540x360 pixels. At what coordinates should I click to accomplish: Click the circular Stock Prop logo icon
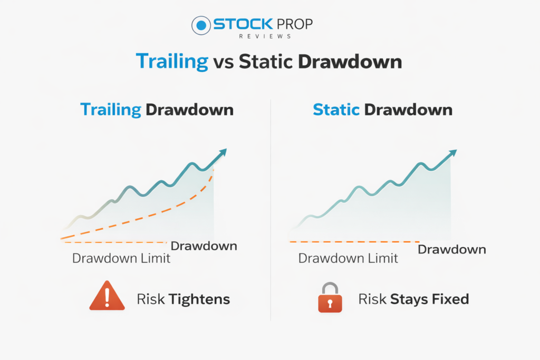pos(201,25)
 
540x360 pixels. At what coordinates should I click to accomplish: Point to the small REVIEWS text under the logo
pos(265,36)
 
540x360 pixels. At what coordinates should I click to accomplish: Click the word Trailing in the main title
pos(172,62)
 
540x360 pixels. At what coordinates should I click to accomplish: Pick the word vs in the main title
pos(224,63)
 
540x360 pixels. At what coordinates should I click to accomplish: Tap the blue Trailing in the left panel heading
pos(111,110)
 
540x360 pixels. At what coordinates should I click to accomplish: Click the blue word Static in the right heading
pos(336,110)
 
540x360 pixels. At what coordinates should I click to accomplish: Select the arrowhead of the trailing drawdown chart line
pos(223,152)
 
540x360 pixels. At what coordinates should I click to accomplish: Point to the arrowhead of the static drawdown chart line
pos(452,153)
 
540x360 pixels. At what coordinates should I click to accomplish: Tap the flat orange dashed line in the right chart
pos(355,242)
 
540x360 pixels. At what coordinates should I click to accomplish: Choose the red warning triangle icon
pos(107,296)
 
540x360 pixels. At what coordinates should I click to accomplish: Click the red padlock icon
pos(330,298)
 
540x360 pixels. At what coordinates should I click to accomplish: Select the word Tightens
pos(199,299)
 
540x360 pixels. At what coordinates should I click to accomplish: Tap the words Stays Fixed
pos(429,299)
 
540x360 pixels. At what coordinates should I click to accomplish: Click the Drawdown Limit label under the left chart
pos(121,258)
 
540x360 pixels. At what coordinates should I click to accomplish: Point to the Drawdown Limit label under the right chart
pos(348,258)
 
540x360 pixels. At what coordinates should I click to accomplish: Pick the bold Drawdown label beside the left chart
pos(204,246)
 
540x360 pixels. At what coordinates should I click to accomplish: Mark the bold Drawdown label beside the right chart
pos(452,249)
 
